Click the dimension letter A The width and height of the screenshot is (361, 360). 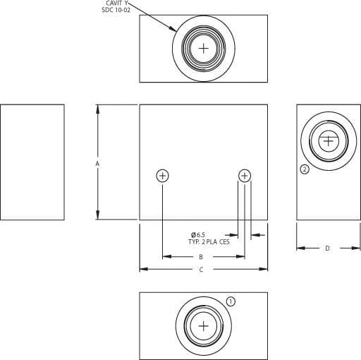[97, 163]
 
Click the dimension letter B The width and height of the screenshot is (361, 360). [201, 257]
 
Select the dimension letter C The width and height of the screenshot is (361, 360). [201, 270]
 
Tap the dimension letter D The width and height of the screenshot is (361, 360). [327, 248]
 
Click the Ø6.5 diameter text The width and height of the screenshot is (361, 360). [198, 234]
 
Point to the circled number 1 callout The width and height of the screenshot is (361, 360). [231, 301]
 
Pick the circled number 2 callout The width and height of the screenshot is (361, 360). [305, 169]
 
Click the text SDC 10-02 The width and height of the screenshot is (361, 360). [116, 10]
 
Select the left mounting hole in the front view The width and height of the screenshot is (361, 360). [162, 176]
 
